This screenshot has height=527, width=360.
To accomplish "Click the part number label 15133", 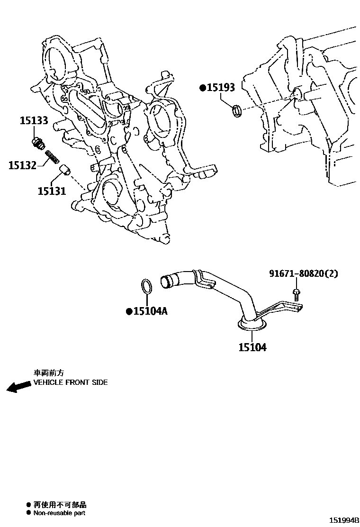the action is click(x=34, y=121).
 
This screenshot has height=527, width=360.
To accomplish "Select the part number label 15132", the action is click(x=22, y=165).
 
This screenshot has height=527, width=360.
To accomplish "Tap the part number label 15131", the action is click(x=52, y=191).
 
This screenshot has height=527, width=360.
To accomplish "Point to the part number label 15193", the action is click(x=221, y=88).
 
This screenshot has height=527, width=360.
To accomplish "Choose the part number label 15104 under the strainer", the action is click(x=252, y=347).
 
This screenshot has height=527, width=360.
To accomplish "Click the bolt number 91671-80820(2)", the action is click(x=304, y=273).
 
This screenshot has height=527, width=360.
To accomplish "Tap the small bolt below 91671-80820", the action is click(x=296, y=294).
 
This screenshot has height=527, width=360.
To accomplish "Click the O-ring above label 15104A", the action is click(x=147, y=287).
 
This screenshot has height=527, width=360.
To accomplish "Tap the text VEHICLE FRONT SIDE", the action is click(x=70, y=382).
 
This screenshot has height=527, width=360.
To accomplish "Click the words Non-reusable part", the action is click(x=59, y=513).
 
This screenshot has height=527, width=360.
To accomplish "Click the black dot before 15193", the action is click(x=202, y=88).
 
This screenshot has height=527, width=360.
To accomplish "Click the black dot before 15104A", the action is click(x=128, y=311).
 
